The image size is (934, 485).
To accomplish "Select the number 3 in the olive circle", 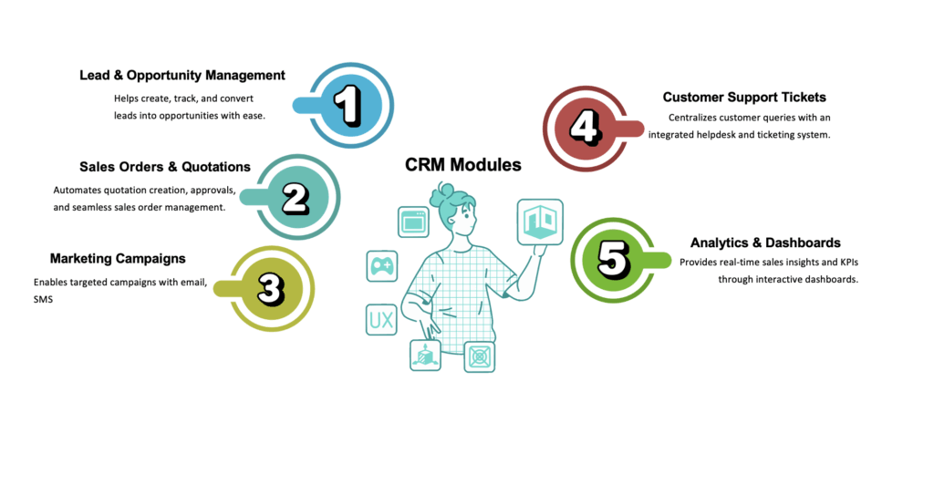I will tap(271, 288).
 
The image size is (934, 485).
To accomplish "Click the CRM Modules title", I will tap(463, 165).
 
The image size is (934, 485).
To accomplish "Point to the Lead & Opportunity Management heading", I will tap(182, 76).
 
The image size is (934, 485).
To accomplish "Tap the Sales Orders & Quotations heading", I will tap(165, 167).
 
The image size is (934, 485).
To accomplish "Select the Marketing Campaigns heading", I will tap(118, 258).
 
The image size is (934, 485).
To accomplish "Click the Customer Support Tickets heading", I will tap(744, 97).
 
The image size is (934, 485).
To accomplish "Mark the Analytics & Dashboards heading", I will tap(765, 242).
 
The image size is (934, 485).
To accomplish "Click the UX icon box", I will tap(381, 318).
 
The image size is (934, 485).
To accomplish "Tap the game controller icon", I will tap(381, 265).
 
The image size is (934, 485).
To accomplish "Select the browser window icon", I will tap(413, 222).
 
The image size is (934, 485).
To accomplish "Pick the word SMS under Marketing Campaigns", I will tap(42, 299).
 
